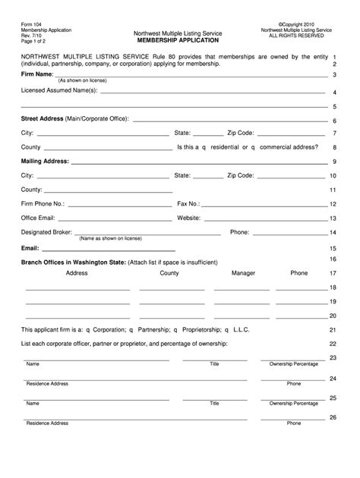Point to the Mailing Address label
point(45,161)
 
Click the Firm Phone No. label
point(43,203)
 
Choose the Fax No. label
point(188,203)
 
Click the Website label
point(188,218)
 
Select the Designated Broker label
point(47,232)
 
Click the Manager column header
point(243,272)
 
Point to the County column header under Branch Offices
point(169,272)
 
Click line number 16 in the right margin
point(332,259)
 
